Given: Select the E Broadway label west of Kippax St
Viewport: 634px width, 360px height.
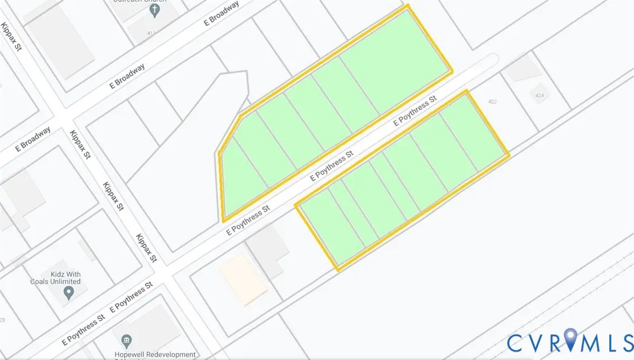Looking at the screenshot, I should tap(33, 139).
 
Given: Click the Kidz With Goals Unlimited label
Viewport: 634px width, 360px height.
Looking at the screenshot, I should tap(59, 278).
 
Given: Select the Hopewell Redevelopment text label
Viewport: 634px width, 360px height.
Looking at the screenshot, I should tap(155, 354).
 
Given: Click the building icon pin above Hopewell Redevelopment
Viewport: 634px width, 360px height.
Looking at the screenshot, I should tap(127, 341).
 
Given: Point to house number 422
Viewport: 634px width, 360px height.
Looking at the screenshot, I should tap(492, 101).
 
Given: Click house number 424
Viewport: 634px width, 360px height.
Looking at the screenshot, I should tap(539, 95).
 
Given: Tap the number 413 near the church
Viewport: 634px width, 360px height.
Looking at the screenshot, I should tap(151, 33).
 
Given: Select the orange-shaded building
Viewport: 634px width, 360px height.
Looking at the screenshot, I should tap(243, 278).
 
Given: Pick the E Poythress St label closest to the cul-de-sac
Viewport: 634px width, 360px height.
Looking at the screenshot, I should tap(415, 111).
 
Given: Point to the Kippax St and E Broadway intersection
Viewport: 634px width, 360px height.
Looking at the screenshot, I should tap(63, 116).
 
